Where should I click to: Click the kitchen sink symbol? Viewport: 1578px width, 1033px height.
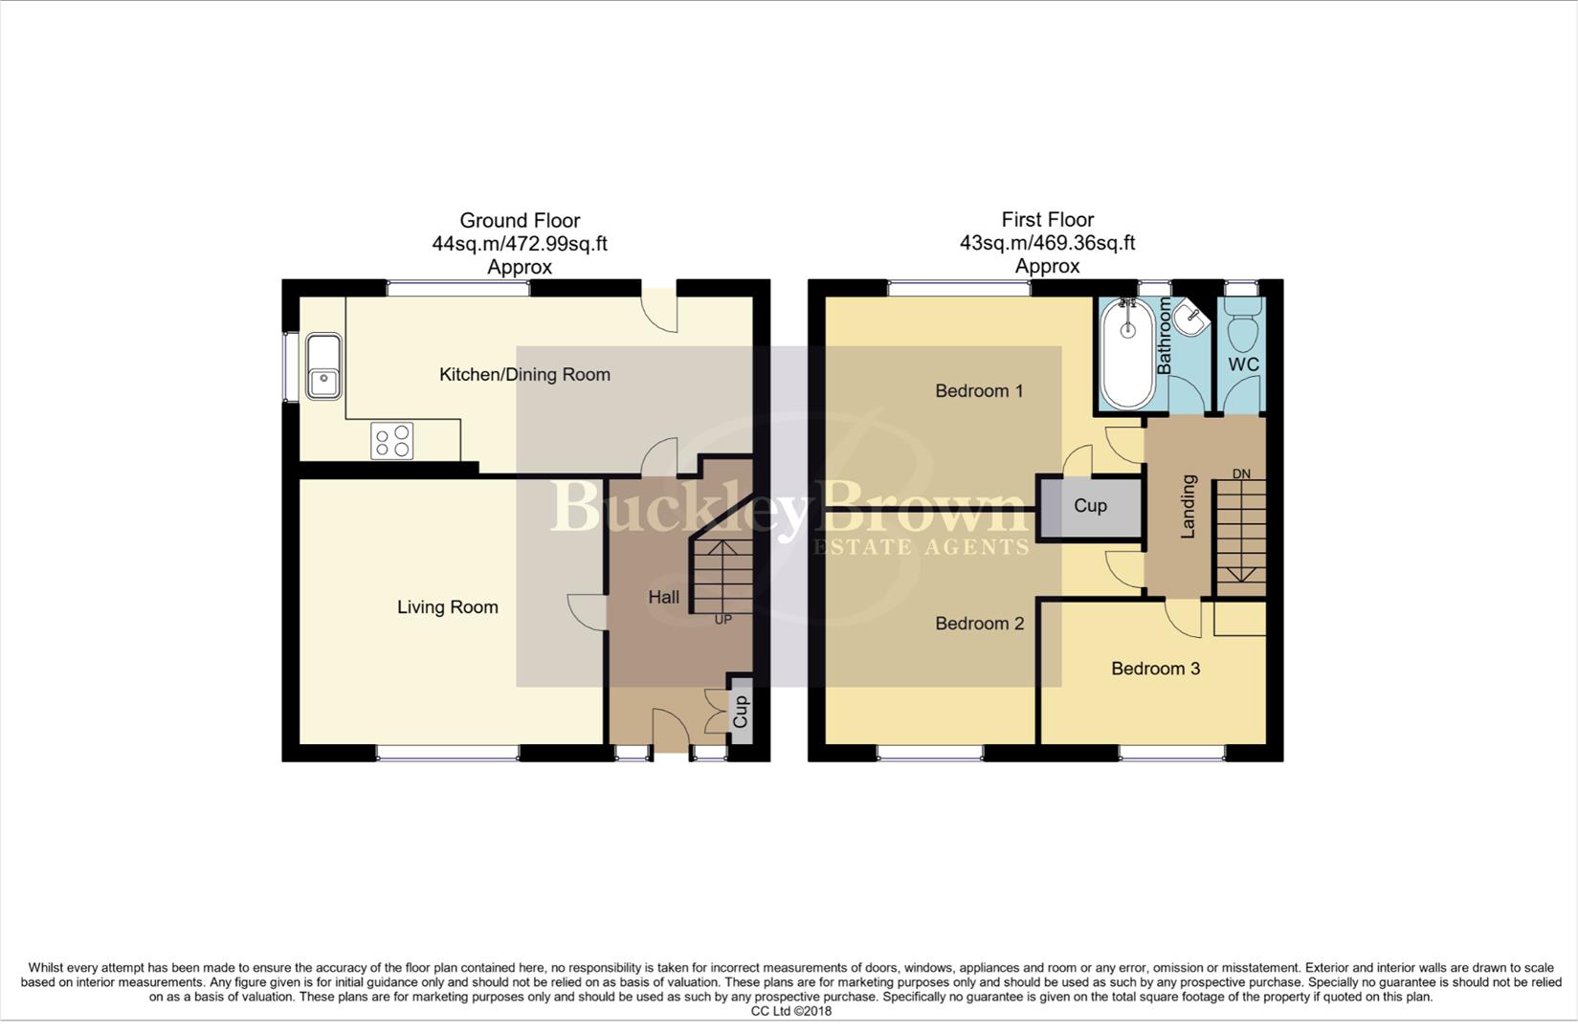point(323,365)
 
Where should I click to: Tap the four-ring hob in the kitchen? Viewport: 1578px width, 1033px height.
point(392,441)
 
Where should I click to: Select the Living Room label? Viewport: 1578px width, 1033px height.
point(448,607)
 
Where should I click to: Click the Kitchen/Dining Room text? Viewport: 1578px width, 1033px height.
point(524,375)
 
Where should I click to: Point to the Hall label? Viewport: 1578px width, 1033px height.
point(664,598)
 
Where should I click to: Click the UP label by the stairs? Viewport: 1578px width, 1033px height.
point(723,620)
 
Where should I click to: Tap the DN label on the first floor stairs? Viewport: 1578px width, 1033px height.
point(1241,474)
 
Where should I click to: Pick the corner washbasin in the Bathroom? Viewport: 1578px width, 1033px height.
point(1191,319)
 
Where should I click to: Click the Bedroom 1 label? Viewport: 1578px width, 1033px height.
point(979,391)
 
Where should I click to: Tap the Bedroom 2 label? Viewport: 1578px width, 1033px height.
point(979,624)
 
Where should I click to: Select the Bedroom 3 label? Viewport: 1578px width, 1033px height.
point(1155,669)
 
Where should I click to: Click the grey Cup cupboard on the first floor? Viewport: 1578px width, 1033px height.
point(1090,506)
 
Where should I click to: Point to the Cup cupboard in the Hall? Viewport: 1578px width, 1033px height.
point(739,710)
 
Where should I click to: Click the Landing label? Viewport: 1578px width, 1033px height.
point(1189,507)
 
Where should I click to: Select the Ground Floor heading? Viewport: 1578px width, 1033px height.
point(520,221)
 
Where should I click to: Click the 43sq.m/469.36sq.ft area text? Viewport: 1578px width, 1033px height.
point(1047,244)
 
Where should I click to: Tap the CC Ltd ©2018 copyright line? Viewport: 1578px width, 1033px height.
point(790,1011)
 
